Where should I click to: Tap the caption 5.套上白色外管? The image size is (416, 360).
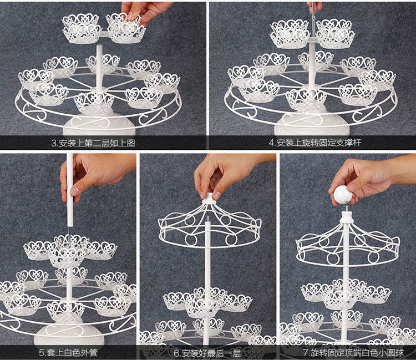(68, 352)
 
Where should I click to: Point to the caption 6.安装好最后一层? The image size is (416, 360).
(207, 352)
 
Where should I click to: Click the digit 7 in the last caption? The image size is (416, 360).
(305, 352)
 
